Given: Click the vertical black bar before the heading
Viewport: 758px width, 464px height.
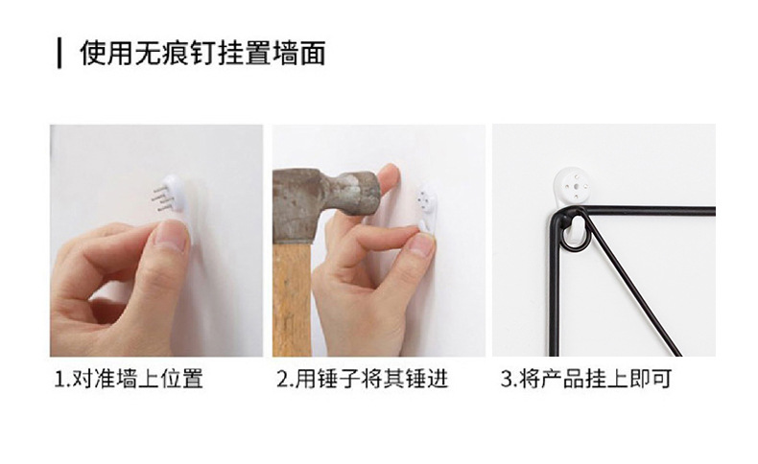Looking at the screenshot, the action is [59, 54].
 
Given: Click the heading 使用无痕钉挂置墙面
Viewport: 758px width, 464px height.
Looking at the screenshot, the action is [202, 53].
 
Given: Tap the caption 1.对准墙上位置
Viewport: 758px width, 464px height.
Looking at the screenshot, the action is [129, 379].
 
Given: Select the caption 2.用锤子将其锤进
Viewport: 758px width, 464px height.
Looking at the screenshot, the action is [363, 379].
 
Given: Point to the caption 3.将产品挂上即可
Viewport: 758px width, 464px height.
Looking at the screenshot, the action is [586, 379].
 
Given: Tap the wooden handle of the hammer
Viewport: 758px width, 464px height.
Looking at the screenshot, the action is [292, 299].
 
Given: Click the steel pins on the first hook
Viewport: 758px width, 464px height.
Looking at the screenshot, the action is [161, 197].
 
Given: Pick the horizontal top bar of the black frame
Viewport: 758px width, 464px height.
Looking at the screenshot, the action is [648, 211].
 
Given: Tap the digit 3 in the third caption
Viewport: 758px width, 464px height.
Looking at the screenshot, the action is [506, 379].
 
